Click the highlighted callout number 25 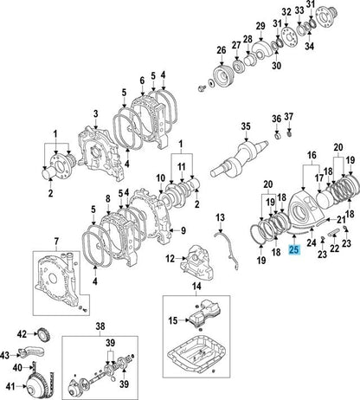(294, 249)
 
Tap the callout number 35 (246, 126)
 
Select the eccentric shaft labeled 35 (239, 158)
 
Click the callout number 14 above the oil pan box (196, 287)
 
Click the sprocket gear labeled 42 (44, 335)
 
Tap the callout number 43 (5, 355)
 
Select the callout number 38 (100, 326)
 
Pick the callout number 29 (260, 26)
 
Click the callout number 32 (286, 12)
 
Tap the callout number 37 (288, 116)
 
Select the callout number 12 (170, 259)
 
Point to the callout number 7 (56, 241)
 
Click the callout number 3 (96, 113)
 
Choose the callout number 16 (312, 155)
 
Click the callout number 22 (334, 248)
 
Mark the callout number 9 (183, 230)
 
